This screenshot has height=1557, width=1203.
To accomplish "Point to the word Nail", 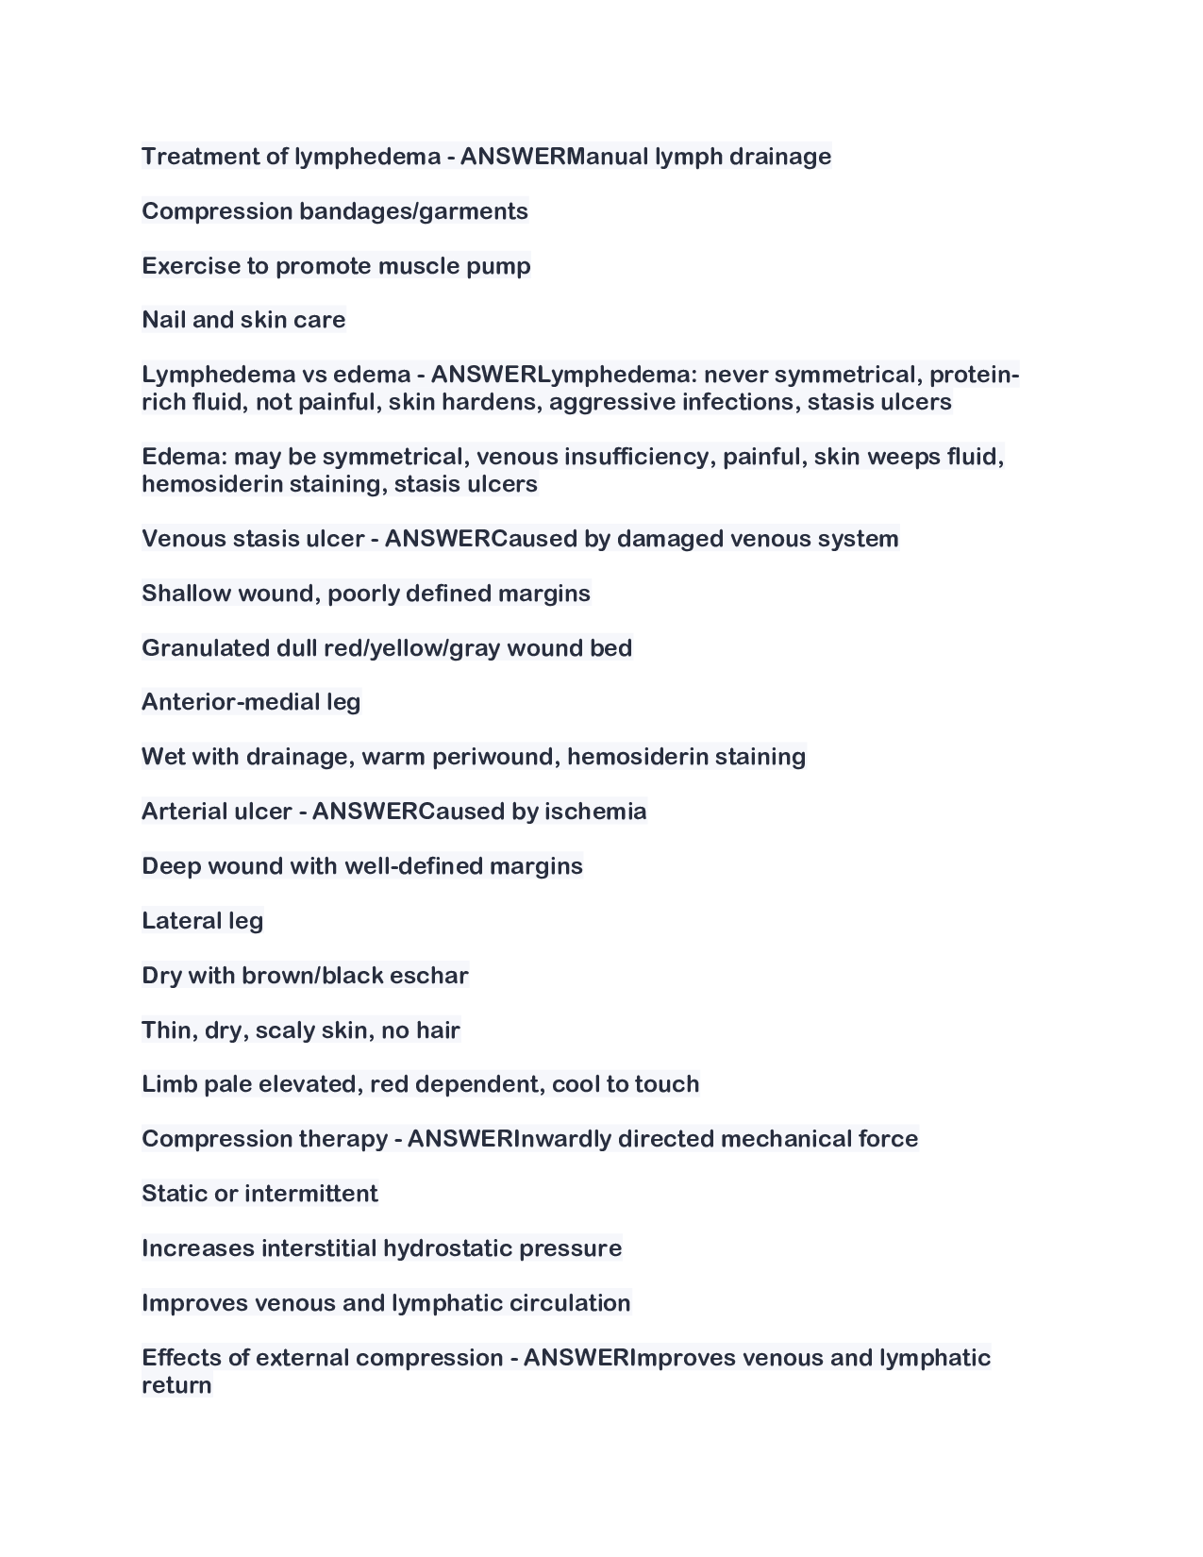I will tap(163, 320).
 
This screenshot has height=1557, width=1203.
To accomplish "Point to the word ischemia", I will tap(595, 812).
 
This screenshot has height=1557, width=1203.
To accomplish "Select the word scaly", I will tap(285, 1030).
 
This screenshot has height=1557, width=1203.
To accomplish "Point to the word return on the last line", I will tap(176, 1385).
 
